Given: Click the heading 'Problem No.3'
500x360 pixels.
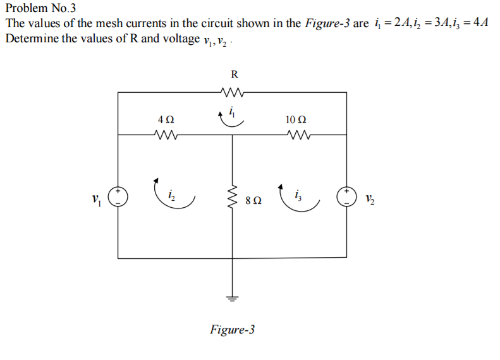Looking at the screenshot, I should pos(40,9).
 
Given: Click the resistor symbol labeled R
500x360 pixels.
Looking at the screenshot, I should pos(232,92).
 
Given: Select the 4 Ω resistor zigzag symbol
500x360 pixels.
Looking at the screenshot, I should pos(167,135).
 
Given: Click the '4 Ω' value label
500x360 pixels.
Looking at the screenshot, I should pos(166,119).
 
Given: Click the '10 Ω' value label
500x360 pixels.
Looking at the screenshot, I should pos(296,119).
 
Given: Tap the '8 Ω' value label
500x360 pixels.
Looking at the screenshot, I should pos(253,201).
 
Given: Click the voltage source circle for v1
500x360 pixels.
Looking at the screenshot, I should pos(119,196).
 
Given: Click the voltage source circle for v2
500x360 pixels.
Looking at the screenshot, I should pos(346,196).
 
